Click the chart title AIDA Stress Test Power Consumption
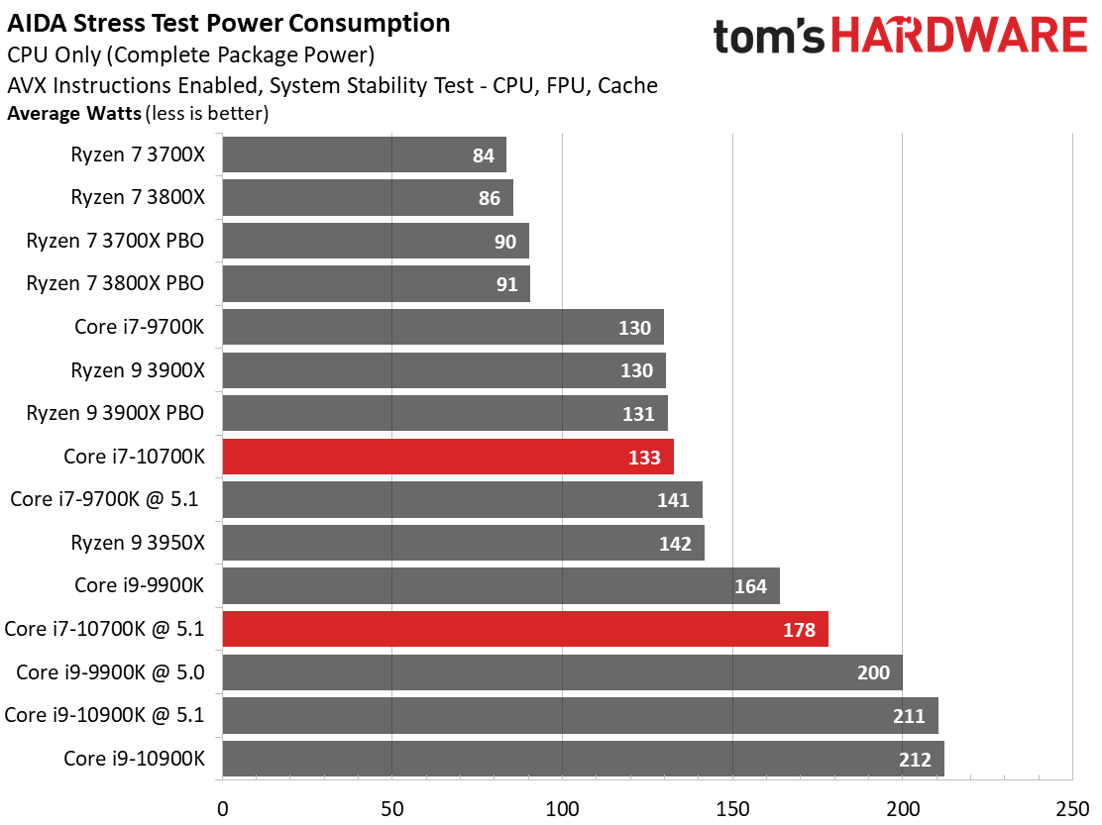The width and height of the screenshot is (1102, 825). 229,23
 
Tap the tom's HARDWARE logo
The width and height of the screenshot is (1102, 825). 900,38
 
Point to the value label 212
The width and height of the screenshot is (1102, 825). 915,760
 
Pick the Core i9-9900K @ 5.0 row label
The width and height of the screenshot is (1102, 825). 110,672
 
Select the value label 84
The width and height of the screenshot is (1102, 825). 484,155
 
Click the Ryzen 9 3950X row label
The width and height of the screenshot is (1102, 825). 137,542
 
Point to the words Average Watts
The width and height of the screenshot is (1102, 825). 74,114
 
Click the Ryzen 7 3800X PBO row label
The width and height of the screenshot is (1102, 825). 115,283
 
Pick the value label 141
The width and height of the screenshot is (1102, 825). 673,500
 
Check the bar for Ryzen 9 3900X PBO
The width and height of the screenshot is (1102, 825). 445,413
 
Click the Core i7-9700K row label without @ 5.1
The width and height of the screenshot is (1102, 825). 139,326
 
